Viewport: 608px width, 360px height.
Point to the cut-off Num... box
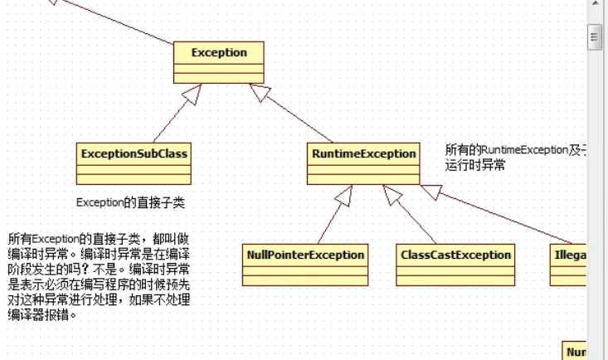pyautogui.click(x=575, y=351)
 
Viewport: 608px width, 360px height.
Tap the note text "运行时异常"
pyautogui.click(x=475, y=165)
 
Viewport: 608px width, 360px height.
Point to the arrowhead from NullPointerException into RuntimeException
pyautogui.click(x=344, y=195)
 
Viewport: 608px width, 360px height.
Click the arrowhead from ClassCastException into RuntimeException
pyautogui.click(x=392, y=195)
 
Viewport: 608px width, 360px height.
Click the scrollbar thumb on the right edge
pyautogui.click(x=594, y=36)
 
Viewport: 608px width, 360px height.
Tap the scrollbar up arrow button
pyautogui.click(x=594, y=7)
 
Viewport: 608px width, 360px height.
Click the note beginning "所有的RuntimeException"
pyautogui.click(x=515, y=151)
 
